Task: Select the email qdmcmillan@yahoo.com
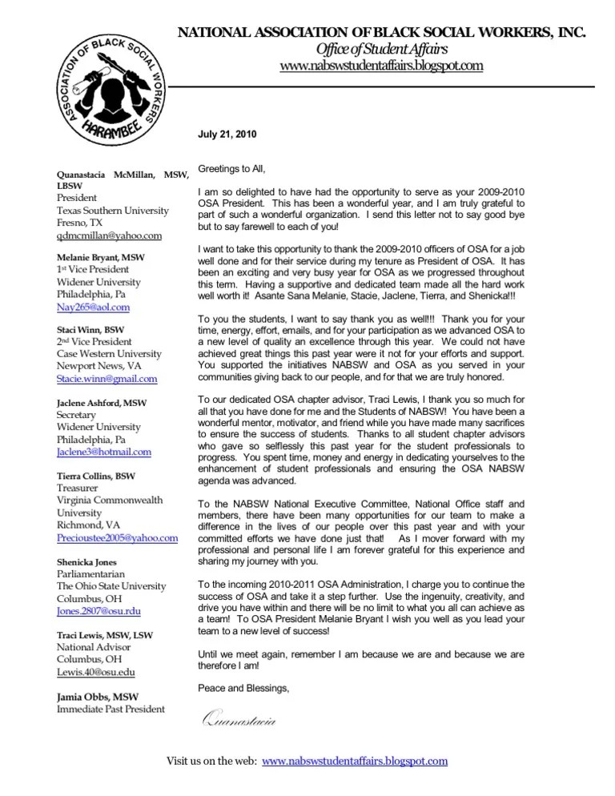(109, 236)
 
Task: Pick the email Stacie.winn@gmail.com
(107, 379)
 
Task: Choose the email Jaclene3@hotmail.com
(103, 452)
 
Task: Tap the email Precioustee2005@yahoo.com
(117, 539)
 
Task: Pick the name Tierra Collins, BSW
(96, 476)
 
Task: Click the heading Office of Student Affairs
(380, 50)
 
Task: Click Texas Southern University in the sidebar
(112, 210)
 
